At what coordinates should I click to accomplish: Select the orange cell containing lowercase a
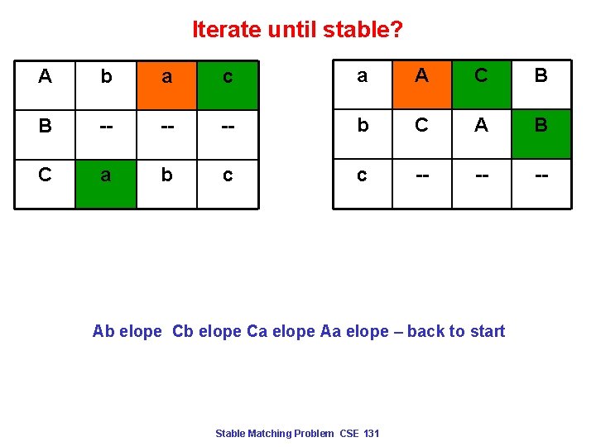click(x=166, y=78)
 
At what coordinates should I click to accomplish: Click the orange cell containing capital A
click(x=421, y=76)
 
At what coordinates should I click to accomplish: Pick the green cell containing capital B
click(x=541, y=126)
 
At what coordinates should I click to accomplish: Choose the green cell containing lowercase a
click(x=105, y=175)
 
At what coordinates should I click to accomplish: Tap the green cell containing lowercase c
click(x=228, y=78)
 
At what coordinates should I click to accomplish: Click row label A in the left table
click(x=45, y=77)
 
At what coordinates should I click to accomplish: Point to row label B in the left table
click(x=45, y=127)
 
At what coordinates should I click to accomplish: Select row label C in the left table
click(x=45, y=175)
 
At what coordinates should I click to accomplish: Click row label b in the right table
click(x=362, y=126)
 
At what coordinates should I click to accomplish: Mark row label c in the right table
click(x=362, y=175)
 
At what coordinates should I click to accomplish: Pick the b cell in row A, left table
click(x=105, y=77)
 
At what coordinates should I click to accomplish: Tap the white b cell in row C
click(x=166, y=175)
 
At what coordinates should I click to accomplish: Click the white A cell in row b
click(x=481, y=126)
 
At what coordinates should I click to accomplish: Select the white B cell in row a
click(x=541, y=76)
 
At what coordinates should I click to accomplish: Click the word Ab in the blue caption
click(x=103, y=332)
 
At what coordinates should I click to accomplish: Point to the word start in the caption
click(x=487, y=332)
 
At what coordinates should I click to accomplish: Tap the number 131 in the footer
click(x=370, y=434)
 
